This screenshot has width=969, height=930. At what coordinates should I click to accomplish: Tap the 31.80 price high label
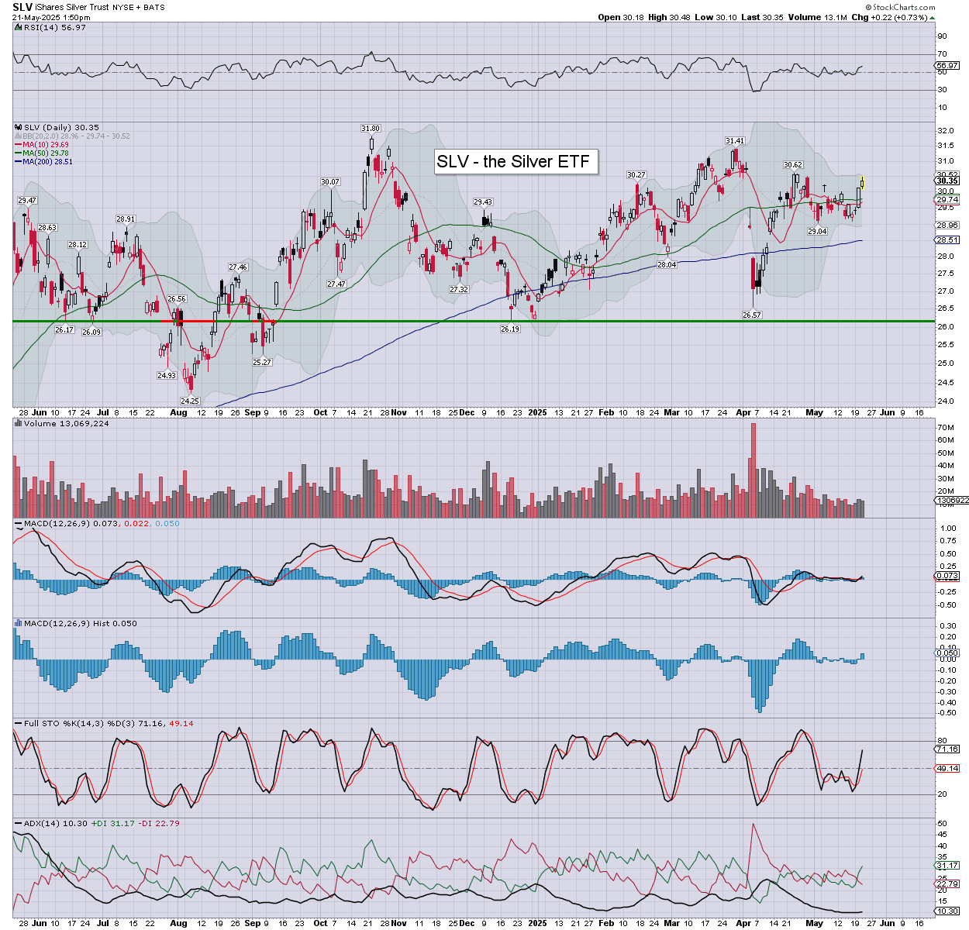click(x=371, y=129)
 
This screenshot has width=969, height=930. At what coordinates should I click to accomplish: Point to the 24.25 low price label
click(x=190, y=401)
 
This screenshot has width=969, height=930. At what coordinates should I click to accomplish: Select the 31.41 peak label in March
click(x=735, y=141)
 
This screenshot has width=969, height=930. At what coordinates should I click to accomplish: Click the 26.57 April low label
click(x=751, y=315)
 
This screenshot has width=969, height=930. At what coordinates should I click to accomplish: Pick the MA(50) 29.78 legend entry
click(x=46, y=153)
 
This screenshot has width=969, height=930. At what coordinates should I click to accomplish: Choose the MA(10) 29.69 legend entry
click(x=46, y=144)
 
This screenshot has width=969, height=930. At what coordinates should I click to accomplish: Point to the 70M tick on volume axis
click(x=946, y=428)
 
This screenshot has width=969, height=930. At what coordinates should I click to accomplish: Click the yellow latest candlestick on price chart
click(x=863, y=184)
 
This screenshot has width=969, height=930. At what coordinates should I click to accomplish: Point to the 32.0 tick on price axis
click(x=946, y=131)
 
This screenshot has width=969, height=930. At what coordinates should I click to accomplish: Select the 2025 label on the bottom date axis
click(x=537, y=923)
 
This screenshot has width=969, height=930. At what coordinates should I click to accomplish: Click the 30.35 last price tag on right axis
click(x=947, y=181)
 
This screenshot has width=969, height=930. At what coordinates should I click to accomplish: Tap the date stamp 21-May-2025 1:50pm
click(x=50, y=17)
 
